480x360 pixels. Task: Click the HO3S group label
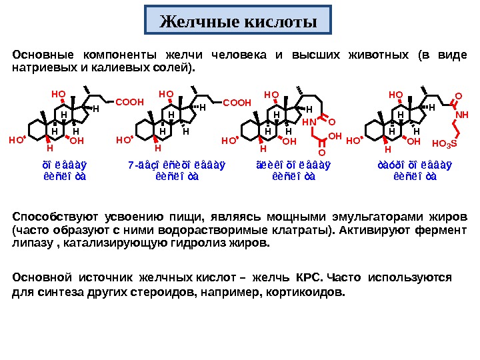tap(444, 143)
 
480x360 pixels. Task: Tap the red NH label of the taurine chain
tap(462, 115)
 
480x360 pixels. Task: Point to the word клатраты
tap(300, 230)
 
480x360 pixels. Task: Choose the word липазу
tap(30, 243)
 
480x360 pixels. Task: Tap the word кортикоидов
tap(311, 292)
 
